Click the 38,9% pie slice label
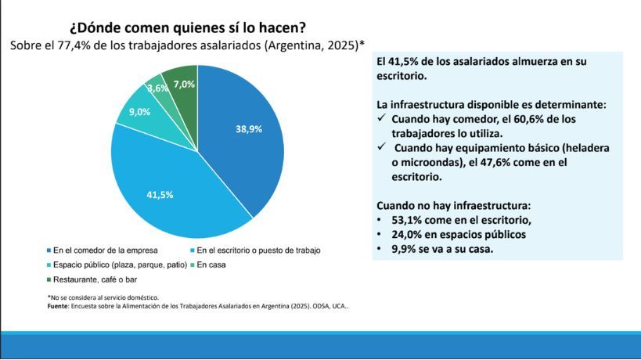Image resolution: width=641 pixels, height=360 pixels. point(249,130)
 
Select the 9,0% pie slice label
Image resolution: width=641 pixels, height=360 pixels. point(139,112)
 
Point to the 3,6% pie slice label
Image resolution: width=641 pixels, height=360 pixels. point(158,88)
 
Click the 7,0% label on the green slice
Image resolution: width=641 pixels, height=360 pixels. point(185,84)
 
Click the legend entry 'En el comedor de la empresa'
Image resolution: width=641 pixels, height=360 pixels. point(106,250)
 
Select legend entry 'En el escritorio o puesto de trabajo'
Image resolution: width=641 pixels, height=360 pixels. point(258,250)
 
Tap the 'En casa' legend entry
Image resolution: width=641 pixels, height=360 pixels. point(214,265)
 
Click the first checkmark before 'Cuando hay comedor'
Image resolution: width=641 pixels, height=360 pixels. point(381,118)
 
